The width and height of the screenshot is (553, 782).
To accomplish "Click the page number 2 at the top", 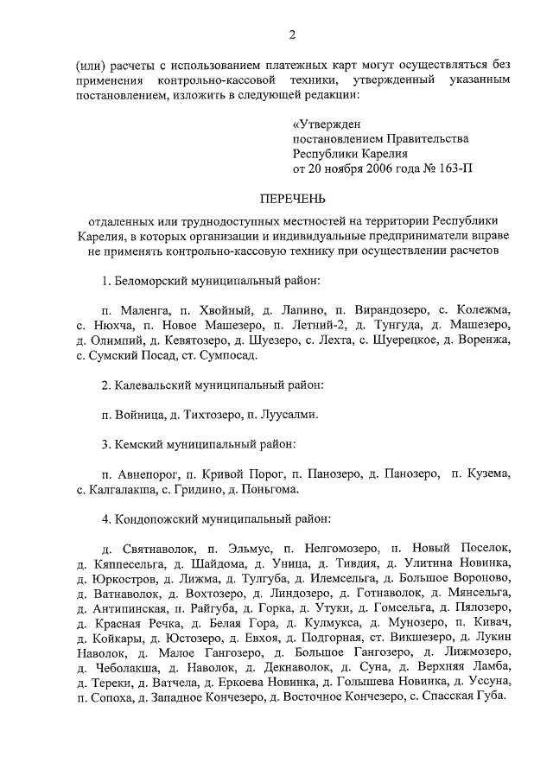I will (x=292, y=35).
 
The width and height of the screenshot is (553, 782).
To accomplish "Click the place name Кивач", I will (x=494, y=623).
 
